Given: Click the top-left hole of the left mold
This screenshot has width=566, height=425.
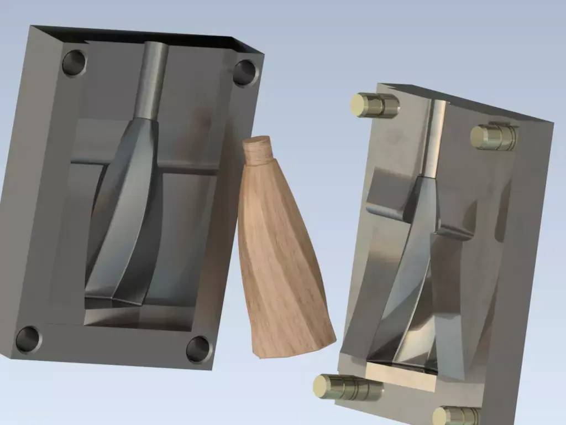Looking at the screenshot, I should coord(74,63).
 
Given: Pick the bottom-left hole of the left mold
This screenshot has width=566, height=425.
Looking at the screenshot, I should coord(28,339).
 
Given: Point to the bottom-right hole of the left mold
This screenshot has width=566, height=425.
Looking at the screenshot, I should coord(198,349).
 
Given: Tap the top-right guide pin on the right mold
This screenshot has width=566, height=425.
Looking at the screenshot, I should coord(494,136).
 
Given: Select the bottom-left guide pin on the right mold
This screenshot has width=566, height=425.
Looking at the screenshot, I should coord(345,387).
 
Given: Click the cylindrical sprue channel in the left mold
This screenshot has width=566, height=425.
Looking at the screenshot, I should coord(152,80).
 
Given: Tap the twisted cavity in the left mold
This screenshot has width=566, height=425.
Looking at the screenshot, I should coord(124,216).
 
